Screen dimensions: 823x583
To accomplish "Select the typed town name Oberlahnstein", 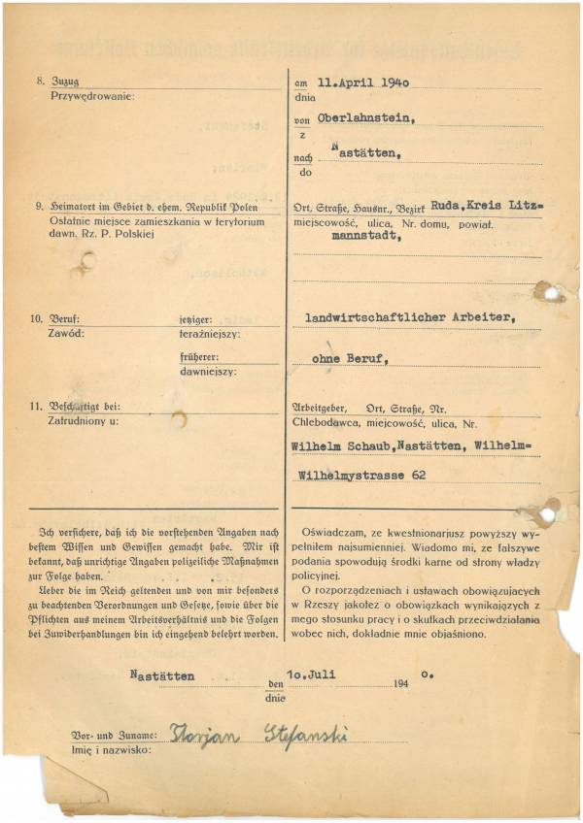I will coord(360,120).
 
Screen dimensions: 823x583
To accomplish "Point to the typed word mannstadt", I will coord(367,235).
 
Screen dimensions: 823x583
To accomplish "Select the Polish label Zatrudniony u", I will coord(83,420).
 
